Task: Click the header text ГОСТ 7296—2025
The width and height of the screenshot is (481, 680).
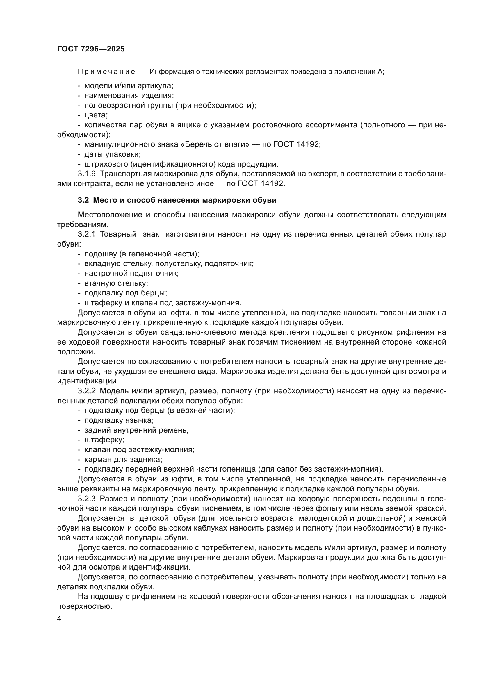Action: [x=91, y=49]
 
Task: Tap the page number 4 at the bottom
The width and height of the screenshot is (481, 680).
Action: [x=59, y=619]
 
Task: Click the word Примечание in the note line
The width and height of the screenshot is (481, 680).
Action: [x=106, y=72]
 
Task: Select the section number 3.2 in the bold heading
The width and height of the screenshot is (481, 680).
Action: [x=83, y=200]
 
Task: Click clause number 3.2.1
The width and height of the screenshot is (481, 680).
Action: [x=86, y=234]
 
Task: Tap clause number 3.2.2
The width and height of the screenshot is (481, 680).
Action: [x=86, y=391]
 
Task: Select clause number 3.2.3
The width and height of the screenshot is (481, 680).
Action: [x=86, y=499]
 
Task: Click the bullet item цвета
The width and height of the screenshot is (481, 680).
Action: [x=96, y=115]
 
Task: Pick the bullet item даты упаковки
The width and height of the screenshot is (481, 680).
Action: [x=113, y=154]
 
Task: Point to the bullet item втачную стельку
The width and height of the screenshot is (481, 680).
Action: [x=116, y=283]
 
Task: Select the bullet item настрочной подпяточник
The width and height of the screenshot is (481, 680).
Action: [x=131, y=274]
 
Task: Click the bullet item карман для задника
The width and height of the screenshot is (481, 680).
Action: [x=123, y=459]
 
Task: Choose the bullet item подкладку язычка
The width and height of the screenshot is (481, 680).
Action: [x=119, y=420]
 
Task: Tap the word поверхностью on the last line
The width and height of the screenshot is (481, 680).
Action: [x=84, y=606]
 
